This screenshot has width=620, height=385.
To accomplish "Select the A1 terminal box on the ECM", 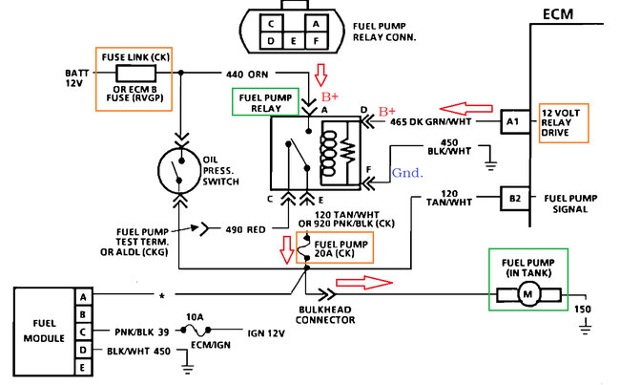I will point(514,121).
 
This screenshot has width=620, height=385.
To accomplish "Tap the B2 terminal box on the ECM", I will point(514,199).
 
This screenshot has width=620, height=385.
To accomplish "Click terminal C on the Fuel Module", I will point(85,331).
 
